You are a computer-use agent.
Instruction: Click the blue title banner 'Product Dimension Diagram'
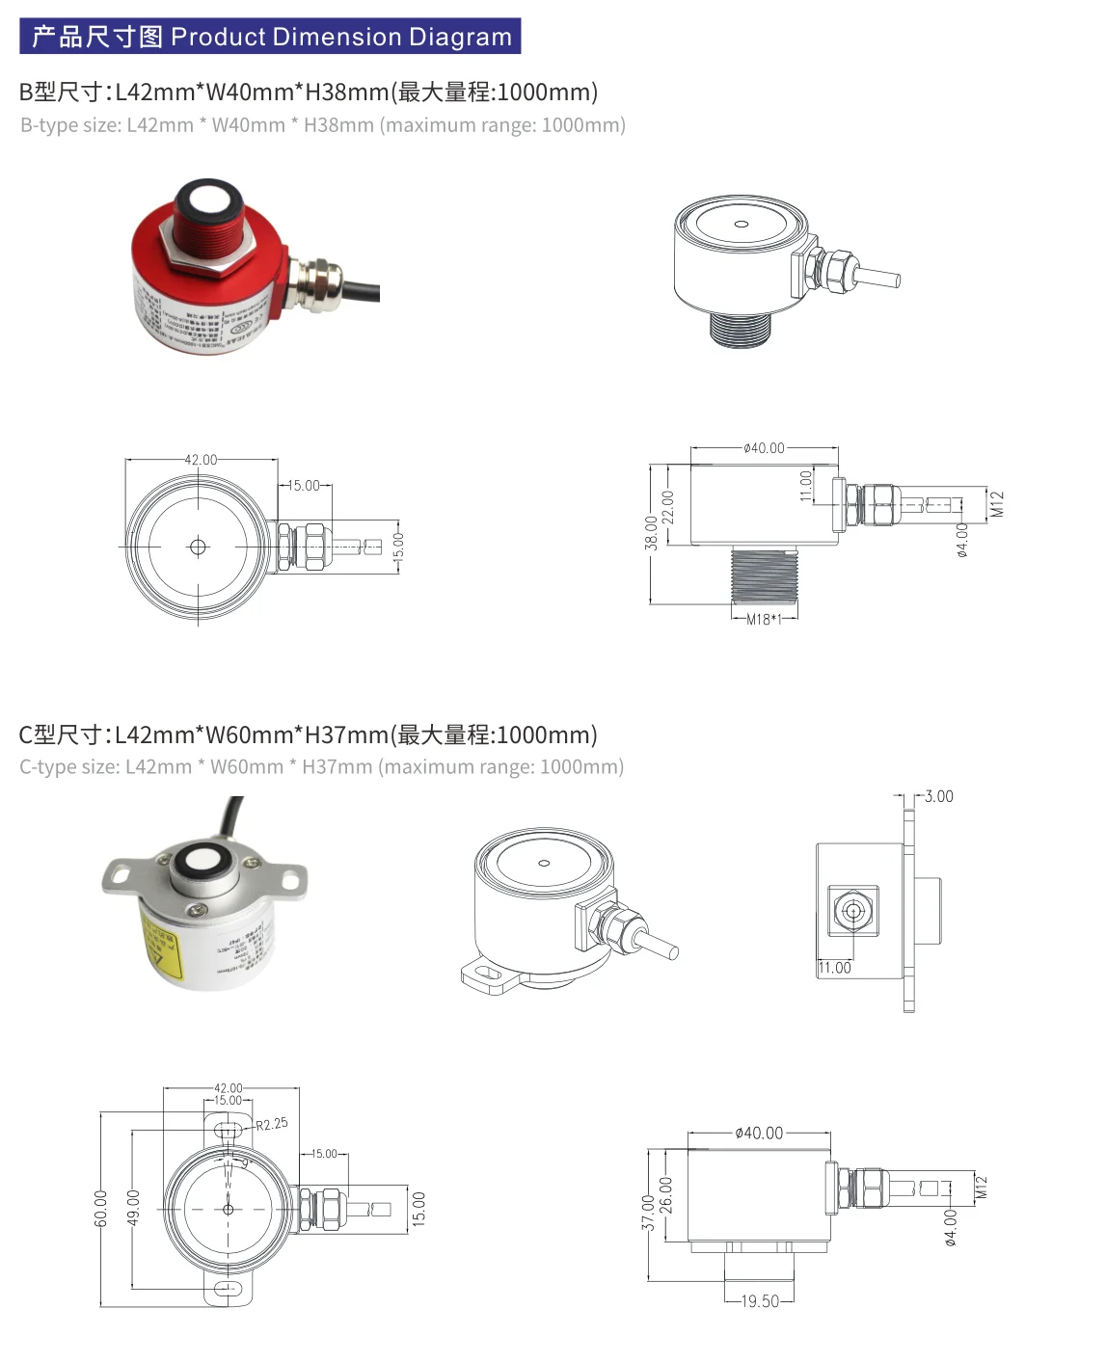tap(270, 37)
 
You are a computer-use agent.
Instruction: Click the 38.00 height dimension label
tap(652, 533)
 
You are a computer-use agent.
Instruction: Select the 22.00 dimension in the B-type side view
tap(668, 507)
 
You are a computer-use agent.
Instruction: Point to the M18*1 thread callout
tap(765, 620)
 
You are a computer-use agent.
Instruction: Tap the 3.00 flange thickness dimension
tap(938, 796)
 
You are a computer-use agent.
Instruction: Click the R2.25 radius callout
tap(272, 1124)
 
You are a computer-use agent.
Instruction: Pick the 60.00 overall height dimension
tap(101, 1208)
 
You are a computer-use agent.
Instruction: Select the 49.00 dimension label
tap(133, 1208)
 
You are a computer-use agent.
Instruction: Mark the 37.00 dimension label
tap(649, 1214)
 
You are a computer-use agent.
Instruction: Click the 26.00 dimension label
tap(666, 1195)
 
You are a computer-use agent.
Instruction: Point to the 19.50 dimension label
tap(760, 1301)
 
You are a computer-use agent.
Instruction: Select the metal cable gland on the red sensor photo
tap(315, 282)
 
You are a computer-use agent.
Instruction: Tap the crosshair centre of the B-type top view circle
tap(199, 547)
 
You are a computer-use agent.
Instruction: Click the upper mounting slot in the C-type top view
tap(229, 1127)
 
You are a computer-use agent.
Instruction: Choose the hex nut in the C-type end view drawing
tap(852, 911)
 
